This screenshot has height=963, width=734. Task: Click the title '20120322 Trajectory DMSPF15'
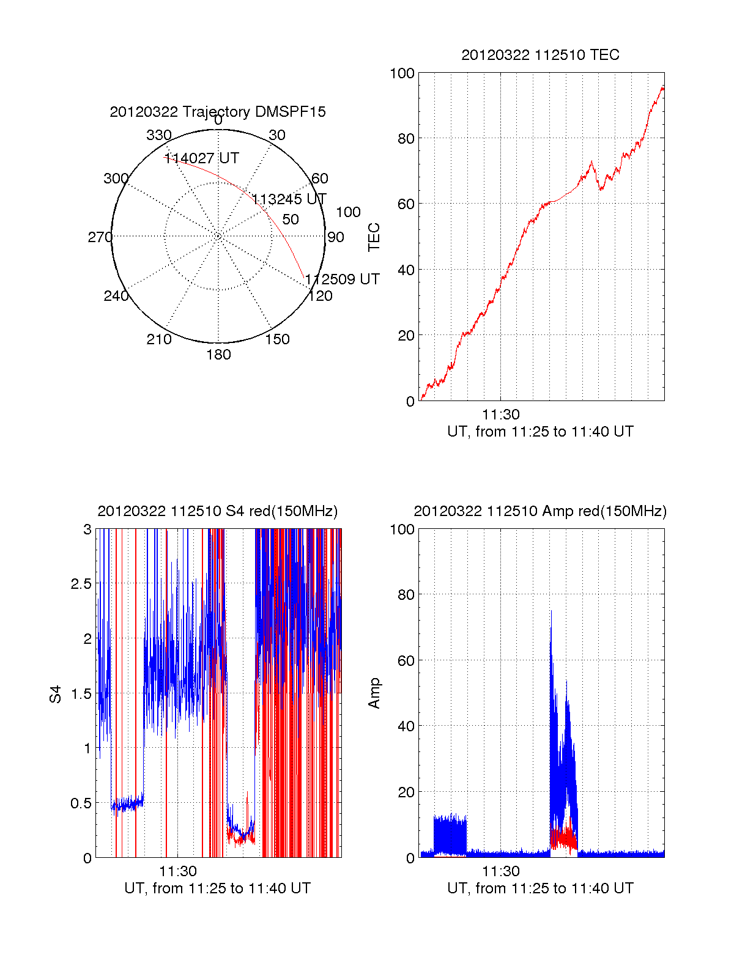point(218,112)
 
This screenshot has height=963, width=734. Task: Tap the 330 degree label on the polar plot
point(159,135)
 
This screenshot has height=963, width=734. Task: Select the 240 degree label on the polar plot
point(116,296)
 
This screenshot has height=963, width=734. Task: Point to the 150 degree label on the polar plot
point(277,339)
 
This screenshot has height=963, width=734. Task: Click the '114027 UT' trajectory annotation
point(201,158)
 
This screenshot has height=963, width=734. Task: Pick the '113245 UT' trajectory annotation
point(289,199)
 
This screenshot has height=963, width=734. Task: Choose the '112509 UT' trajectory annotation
point(343,279)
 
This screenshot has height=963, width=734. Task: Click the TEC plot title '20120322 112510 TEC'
point(540,55)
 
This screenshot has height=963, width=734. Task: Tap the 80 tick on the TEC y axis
point(406,139)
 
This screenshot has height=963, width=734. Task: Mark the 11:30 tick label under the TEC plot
point(500,415)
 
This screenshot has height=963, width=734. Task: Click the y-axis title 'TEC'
point(374,237)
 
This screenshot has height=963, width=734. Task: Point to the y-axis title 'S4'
point(56,694)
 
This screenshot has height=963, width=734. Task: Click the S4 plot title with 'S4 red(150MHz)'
point(217,511)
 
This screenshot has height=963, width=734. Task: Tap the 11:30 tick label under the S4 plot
point(178,871)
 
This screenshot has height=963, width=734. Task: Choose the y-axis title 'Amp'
point(374,693)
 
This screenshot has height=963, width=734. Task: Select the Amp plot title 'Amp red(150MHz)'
point(540,511)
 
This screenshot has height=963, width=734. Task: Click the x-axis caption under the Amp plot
point(540,888)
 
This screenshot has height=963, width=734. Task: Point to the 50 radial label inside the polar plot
point(291,220)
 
